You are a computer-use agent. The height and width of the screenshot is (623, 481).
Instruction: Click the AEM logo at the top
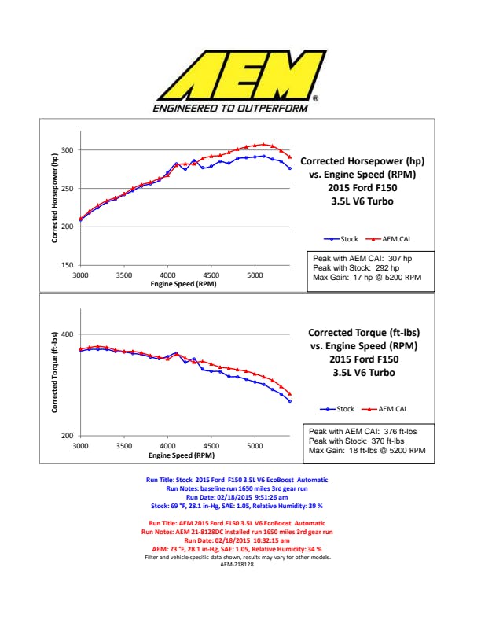coord(240,75)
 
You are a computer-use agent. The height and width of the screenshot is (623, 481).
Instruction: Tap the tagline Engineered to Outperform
coord(230,109)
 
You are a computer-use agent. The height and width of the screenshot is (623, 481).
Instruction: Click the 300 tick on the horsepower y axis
coord(67,150)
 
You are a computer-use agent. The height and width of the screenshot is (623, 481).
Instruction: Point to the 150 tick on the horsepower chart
coord(67,265)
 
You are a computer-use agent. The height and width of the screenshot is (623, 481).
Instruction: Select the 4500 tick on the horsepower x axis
coord(211,275)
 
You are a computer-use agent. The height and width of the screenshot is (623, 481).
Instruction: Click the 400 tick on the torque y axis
coord(67,334)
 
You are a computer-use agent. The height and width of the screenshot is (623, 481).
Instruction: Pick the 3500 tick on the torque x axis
coord(123,446)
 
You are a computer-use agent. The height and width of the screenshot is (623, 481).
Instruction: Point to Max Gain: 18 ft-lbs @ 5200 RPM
coord(366,451)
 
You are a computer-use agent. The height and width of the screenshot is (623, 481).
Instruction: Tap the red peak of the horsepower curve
coord(264,145)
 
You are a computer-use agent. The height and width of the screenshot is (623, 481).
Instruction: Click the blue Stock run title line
coord(237,480)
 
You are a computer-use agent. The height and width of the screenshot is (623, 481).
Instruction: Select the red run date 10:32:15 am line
coord(237,541)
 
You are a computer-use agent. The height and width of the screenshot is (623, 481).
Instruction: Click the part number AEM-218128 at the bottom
coord(237,565)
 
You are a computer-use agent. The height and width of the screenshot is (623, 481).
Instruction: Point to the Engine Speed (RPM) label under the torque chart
coord(182,455)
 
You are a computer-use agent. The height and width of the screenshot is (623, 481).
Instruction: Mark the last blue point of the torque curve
coord(290,401)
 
